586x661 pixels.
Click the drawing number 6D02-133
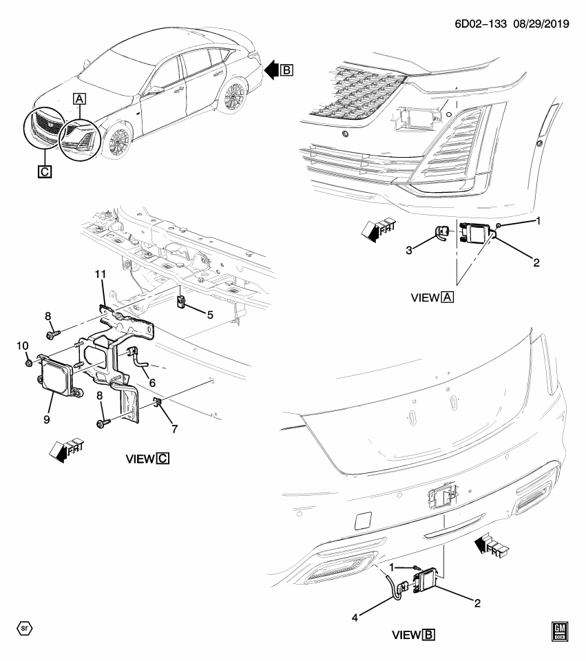pyautogui.click(x=479, y=23)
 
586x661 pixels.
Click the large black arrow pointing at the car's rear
pyautogui.click(x=272, y=69)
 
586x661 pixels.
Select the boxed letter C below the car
pyautogui.click(x=43, y=171)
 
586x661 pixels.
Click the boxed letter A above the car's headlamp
pyautogui.click(x=80, y=99)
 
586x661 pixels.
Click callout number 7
pyautogui.click(x=174, y=429)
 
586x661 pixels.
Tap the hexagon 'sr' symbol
pyautogui.click(x=24, y=628)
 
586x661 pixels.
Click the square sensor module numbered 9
pyautogui.click(x=56, y=374)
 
